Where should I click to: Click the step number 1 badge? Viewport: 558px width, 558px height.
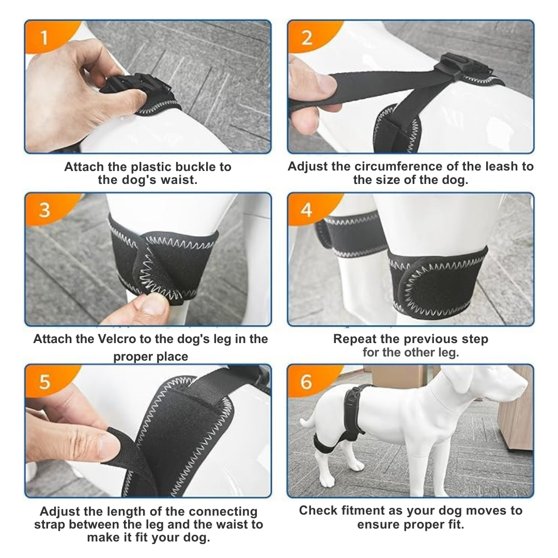44,38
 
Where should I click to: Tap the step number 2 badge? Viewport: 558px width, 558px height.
306,38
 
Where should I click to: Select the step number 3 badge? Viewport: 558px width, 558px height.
45,210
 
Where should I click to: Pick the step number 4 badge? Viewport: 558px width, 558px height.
306,210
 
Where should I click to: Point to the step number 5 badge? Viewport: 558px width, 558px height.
45,382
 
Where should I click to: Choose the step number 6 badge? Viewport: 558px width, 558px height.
306,382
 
